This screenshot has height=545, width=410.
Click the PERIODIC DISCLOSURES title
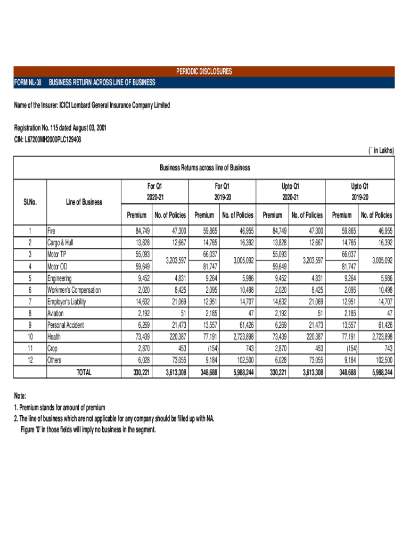[x=204, y=71]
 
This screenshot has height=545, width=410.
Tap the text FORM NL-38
[x=27, y=82]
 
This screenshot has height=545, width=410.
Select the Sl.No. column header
[x=30, y=202]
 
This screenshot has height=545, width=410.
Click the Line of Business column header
[x=84, y=202]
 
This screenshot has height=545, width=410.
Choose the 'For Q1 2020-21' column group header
[x=154, y=191]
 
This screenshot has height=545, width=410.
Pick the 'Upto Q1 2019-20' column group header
[x=359, y=191]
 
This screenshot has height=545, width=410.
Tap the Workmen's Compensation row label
[x=74, y=290]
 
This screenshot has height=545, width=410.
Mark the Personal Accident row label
[x=65, y=325]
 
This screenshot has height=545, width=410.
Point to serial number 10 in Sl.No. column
[x=30, y=337]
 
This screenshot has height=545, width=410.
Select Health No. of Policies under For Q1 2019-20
[x=241, y=337]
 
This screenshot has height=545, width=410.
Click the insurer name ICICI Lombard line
[x=92, y=105]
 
